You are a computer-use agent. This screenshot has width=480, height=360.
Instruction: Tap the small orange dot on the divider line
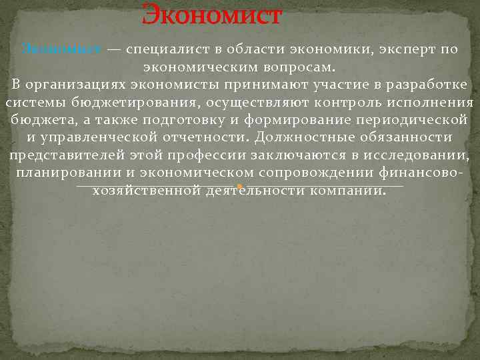239,187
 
